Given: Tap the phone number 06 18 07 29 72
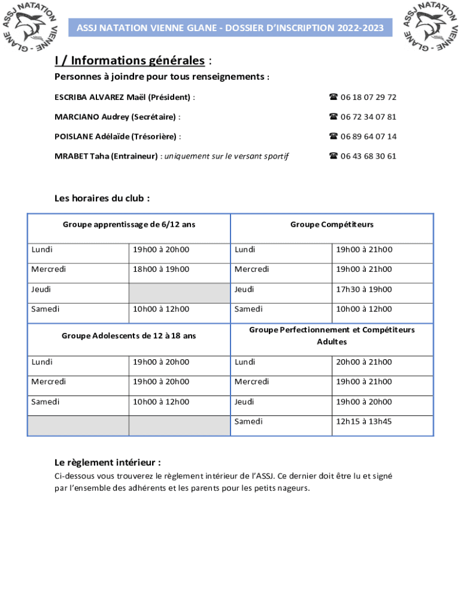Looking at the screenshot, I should click(x=368, y=97).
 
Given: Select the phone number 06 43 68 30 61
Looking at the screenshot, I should click(x=368, y=156).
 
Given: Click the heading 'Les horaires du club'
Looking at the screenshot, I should click(x=102, y=198).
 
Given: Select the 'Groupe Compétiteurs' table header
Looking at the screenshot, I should click(x=332, y=224).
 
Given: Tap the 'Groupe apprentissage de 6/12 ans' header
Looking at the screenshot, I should click(x=129, y=224).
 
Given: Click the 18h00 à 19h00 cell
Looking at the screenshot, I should click(x=161, y=269).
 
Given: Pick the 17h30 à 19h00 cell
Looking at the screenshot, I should click(x=364, y=289).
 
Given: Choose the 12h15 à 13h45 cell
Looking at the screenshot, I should click(x=364, y=421).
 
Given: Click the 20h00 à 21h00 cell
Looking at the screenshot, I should click(x=364, y=362).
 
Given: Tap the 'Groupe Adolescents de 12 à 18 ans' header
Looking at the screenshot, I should click(x=129, y=336).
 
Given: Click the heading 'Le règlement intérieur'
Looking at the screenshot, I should click(x=107, y=463).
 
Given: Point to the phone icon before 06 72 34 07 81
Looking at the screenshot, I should click(x=333, y=117).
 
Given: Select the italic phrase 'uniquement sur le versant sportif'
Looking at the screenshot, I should click(x=226, y=156).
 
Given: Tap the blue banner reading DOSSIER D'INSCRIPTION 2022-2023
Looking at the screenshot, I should click(x=230, y=28).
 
